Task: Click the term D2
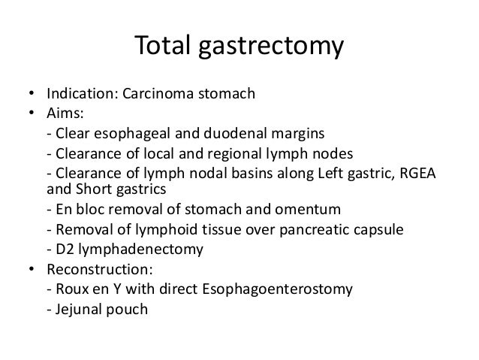coord(62,247)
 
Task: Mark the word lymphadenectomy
coord(131,247)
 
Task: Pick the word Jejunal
coord(74,307)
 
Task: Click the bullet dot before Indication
coord(32,95)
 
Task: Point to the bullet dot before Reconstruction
coord(32,267)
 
